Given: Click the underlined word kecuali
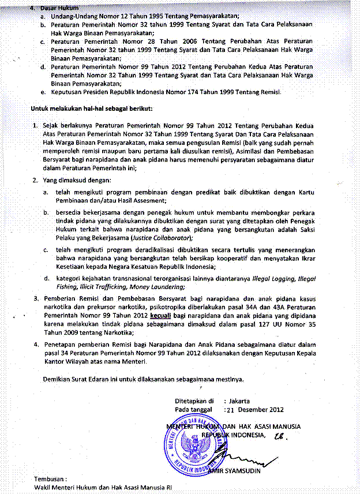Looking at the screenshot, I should (161, 317).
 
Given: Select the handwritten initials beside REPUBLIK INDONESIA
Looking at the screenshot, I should (281, 437).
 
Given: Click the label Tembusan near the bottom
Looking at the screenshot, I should (50, 479).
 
